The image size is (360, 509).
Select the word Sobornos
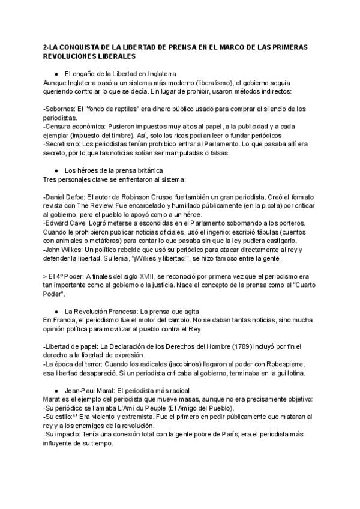point(62,109)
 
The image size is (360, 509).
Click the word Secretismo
point(66,144)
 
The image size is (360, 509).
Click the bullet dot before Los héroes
point(56,170)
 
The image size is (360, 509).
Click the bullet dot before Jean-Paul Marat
point(56,389)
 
